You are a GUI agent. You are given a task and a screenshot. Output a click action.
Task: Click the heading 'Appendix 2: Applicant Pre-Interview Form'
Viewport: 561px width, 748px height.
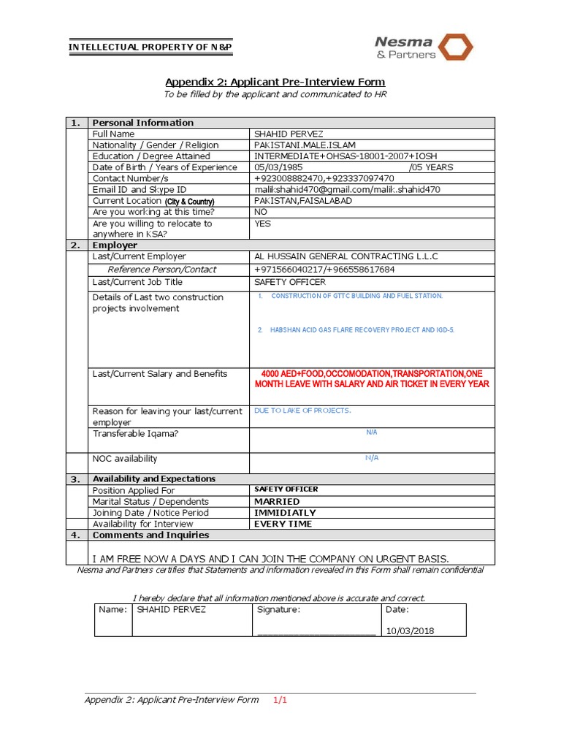coord(275,82)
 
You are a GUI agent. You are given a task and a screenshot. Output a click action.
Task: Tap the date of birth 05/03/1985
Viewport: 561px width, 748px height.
coord(278,167)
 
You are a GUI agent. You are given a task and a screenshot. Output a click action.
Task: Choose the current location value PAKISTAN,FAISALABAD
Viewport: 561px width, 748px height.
coord(302,200)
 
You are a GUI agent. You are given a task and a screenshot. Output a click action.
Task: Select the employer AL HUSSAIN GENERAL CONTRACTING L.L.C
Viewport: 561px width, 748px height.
coord(346,256)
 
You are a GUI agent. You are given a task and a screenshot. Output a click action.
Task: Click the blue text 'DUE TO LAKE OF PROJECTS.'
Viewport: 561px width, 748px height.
coord(302,411)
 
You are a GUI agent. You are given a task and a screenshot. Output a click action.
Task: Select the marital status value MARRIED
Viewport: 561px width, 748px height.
coord(276,502)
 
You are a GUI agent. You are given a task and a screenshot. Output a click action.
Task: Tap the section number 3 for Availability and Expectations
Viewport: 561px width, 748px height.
coord(75,479)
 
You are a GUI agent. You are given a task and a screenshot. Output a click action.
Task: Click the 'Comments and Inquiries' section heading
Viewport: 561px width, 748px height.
coord(150,535)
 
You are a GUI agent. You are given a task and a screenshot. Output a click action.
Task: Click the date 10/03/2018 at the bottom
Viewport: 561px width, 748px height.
coord(410,631)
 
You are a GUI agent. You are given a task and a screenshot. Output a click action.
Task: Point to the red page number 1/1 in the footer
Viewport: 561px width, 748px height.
coord(281,700)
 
